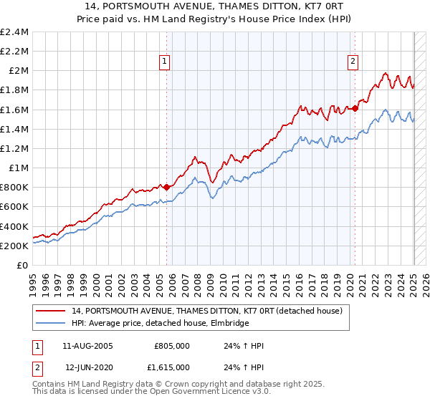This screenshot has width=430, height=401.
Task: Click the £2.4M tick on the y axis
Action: tap(14, 32)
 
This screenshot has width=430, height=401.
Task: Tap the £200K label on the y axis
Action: tap(14, 246)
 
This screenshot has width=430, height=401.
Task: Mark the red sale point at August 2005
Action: tap(167, 187)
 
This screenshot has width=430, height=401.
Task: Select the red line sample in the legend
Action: tap(52, 311)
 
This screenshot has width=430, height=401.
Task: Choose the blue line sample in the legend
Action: tap(52, 324)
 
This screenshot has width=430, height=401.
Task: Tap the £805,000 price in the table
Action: tap(172, 346)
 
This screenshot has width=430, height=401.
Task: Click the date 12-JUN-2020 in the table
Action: tap(90, 367)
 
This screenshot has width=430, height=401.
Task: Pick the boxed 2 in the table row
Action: tap(37, 367)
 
